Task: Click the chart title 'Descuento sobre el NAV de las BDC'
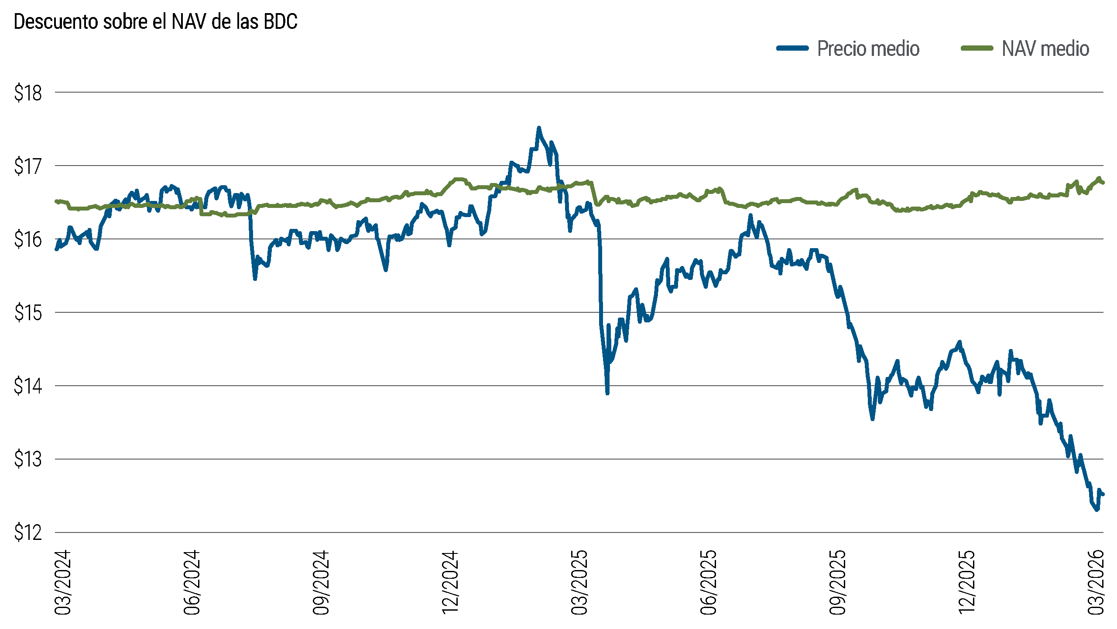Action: pyautogui.click(x=155, y=22)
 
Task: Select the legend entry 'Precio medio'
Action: pyautogui.click(x=868, y=48)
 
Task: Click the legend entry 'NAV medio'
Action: pyautogui.click(x=1045, y=48)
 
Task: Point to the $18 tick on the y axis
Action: pyautogui.click(x=28, y=93)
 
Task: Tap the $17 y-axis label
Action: pyautogui.click(x=28, y=166)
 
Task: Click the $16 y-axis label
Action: pyautogui.click(x=28, y=240)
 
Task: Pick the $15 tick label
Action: pyautogui.click(x=28, y=313)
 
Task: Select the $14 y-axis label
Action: pyautogui.click(x=28, y=387)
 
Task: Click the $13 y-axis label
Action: pyautogui.click(x=28, y=460)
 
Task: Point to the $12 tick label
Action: pyautogui.click(x=28, y=533)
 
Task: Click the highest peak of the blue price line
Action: pyautogui.click(x=539, y=128)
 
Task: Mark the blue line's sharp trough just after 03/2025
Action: pyautogui.click(x=607, y=393)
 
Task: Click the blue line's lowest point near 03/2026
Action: pyautogui.click(x=1097, y=509)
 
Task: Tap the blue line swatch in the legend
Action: pyautogui.click(x=792, y=48)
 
